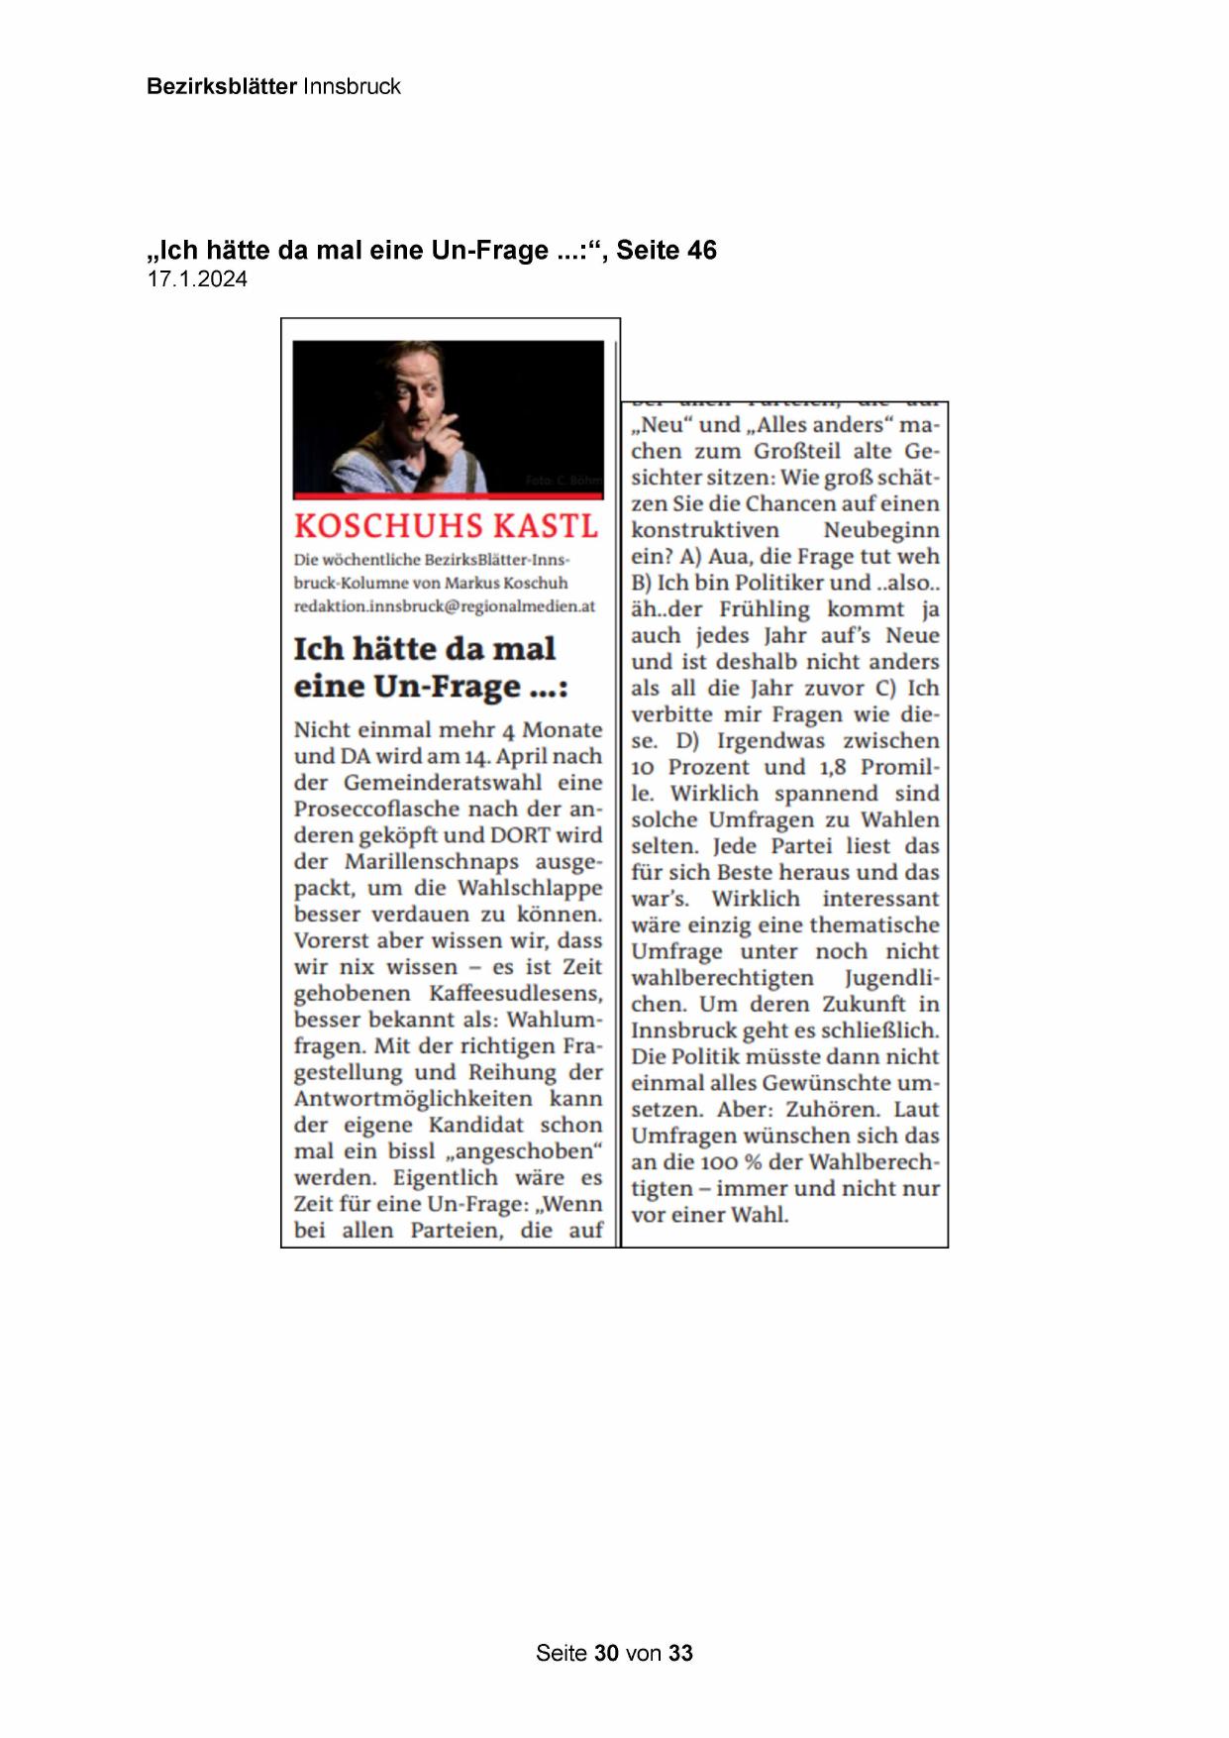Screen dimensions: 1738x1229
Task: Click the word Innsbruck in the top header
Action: click(x=352, y=86)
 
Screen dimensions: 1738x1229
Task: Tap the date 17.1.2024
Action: click(x=197, y=279)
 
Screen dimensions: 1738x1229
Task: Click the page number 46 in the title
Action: click(x=701, y=250)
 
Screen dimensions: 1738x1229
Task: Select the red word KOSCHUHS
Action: click(x=388, y=525)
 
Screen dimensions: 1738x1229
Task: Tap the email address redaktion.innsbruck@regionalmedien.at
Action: click(x=444, y=606)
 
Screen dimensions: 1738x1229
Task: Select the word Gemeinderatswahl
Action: click(x=443, y=782)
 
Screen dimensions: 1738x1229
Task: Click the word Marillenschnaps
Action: click(x=431, y=861)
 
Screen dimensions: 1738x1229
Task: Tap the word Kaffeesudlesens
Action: click(x=514, y=993)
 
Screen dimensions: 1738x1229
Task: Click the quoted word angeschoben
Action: click(x=525, y=1151)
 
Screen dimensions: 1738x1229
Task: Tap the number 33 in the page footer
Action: click(x=681, y=1653)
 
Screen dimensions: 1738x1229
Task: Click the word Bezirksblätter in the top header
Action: click(x=221, y=86)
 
